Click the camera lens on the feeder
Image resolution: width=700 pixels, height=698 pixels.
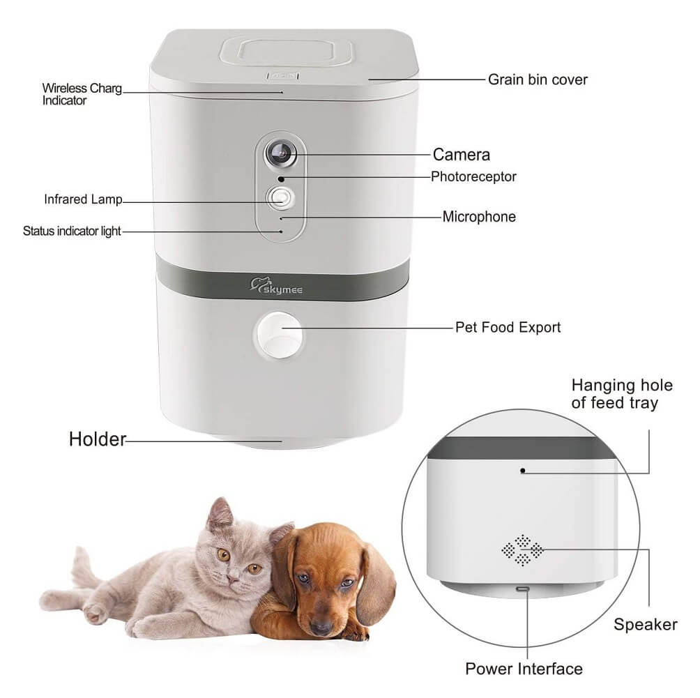(x=281, y=153)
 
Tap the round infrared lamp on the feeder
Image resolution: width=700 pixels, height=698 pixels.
(x=280, y=198)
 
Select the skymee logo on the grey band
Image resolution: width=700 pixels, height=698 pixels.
(x=276, y=286)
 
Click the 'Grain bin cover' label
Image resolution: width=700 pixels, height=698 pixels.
(x=538, y=79)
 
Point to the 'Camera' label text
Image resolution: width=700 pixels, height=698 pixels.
(x=461, y=155)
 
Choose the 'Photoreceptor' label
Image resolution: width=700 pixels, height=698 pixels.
(x=473, y=176)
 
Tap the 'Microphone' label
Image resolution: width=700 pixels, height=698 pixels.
(x=479, y=217)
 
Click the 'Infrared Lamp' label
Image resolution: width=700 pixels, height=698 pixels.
(x=83, y=199)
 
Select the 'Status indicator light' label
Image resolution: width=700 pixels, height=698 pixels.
(x=72, y=231)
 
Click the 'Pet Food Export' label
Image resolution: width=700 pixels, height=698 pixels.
(x=508, y=327)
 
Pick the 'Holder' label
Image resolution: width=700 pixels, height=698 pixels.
(x=98, y=439)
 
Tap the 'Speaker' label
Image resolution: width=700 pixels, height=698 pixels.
(x=646, y=624)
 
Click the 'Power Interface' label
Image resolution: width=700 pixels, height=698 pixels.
(x=524, y=669)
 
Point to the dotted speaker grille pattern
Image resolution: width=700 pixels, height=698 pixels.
(x=522, y=550)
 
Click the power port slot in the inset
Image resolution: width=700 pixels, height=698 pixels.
(x=523, y=589)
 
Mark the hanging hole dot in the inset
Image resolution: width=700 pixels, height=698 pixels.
(x=522, y=470)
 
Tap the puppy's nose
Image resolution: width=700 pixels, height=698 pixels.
(x=321, y=628)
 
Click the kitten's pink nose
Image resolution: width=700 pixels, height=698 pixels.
(x=233, y=579)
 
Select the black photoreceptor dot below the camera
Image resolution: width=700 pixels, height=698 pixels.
(x=281, y=179)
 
